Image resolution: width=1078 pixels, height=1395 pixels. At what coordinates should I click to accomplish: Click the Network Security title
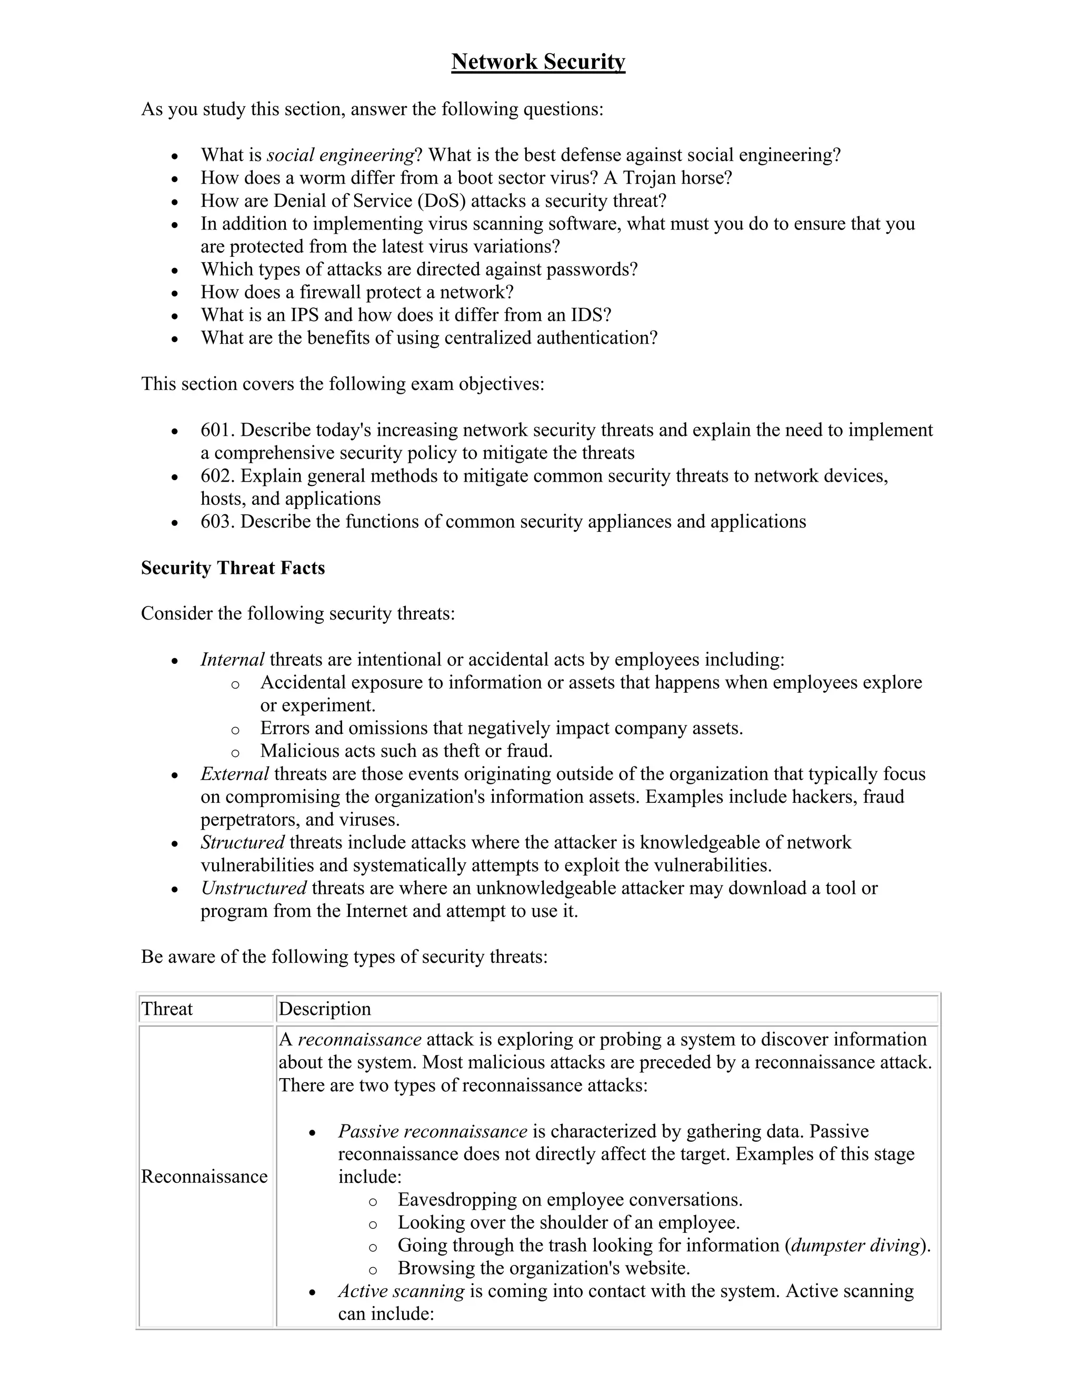[538, 62]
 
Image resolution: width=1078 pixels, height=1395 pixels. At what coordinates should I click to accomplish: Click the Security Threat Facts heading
[233, 568]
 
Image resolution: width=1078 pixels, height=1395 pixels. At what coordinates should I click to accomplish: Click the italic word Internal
[233, 660]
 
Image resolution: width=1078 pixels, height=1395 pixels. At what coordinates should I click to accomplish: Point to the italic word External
[234, 774]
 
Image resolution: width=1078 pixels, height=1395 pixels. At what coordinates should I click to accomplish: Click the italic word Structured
[242, 842]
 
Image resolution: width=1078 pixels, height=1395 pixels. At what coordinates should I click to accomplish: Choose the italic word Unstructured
[254, 889]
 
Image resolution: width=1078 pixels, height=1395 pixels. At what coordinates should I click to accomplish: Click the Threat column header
[167, 1009]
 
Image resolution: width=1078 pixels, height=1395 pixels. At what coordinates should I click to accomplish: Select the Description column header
[324, 1009]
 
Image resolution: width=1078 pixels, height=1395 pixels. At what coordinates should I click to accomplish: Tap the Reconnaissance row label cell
[204, 1177]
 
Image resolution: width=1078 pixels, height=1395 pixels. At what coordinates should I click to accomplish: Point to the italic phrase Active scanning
[401, 1291]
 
